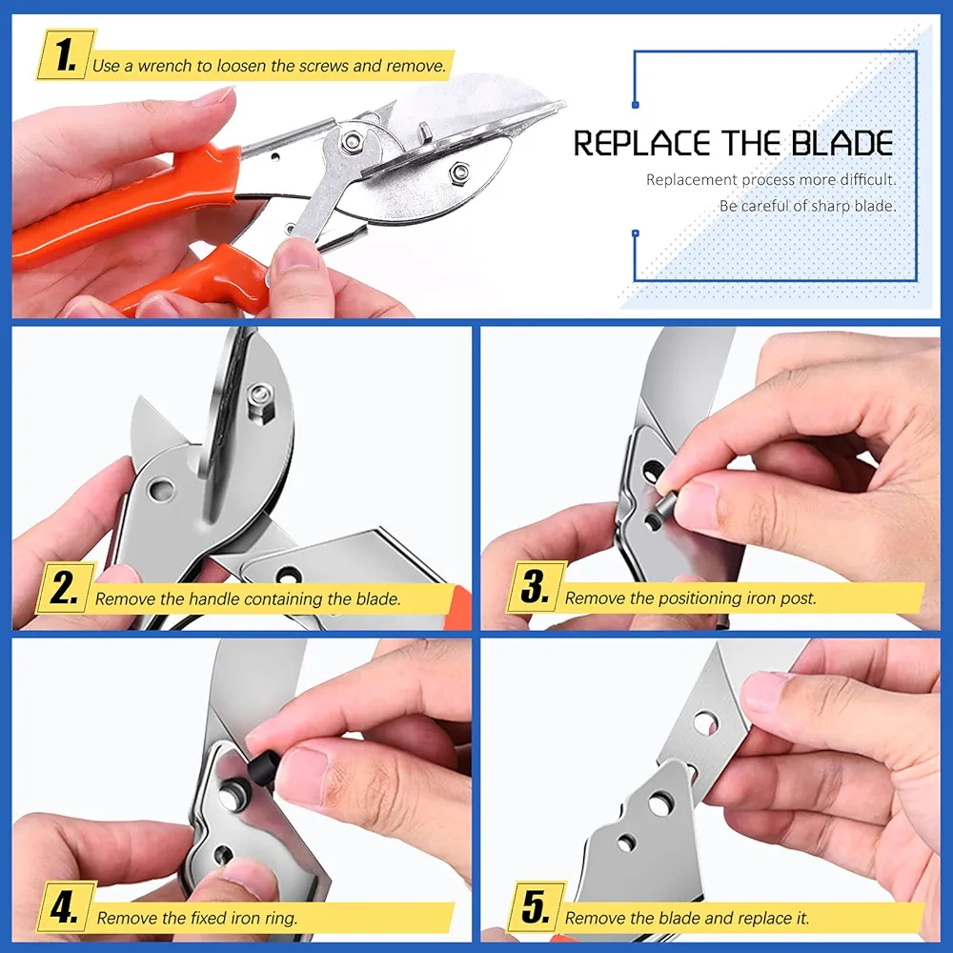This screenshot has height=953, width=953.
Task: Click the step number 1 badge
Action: click(66, 56)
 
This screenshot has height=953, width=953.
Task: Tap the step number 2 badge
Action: click(66, 588)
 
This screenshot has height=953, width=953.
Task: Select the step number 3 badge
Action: click(536, 587)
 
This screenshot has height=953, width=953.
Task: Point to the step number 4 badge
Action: click(66, 907)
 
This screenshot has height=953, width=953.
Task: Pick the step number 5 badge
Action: click(536, 907)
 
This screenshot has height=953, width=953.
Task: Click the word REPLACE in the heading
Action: click(642, 144)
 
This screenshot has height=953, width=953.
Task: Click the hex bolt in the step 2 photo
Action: click(261, 403)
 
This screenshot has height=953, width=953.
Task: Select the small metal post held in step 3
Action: click(660, 510)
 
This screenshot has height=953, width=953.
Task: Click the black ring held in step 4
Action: click(261, 766)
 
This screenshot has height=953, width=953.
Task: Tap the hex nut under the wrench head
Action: click(350, 142)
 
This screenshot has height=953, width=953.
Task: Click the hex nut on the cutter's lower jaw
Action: click(459, 173)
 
